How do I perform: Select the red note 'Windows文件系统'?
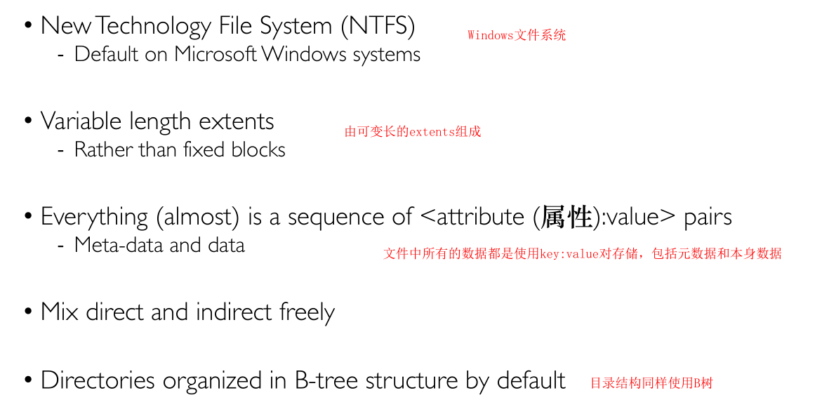tap(517, 35)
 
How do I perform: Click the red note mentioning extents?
tap(413, 132)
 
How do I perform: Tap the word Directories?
tap(98, 380)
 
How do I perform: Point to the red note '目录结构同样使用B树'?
tap(651, 383)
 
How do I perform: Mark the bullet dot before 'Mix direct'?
tap(28, 312)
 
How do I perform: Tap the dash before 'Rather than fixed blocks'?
tap(61, 150)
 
